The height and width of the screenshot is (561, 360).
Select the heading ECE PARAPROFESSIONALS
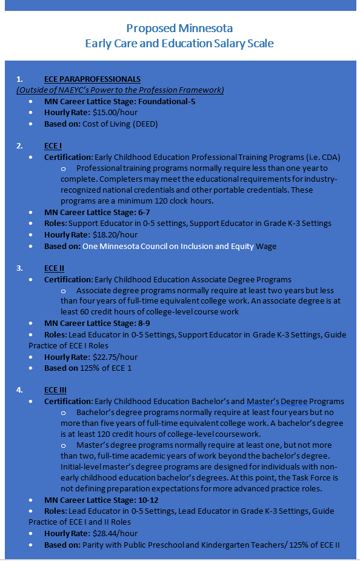(x=92, y=79)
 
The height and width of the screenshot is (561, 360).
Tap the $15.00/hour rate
(x=115, y=113)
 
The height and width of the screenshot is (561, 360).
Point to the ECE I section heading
(x=53, y=146)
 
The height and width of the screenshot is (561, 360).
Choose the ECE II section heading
(x=54, y=268)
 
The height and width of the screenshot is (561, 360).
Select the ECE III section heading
(x=55, y=390)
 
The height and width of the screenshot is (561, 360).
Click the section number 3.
(x=19, y=268)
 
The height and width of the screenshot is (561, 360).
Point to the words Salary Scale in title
(x=245, y=44)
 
